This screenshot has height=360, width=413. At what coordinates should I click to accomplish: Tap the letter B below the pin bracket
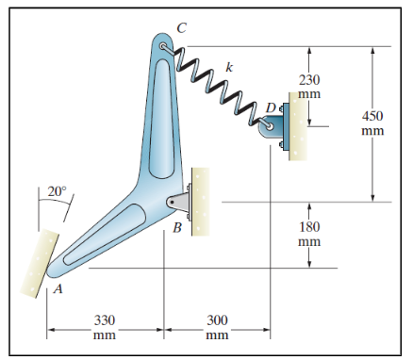177,227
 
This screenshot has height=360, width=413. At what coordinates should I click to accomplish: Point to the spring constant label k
229,67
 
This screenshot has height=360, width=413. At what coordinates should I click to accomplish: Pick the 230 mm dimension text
309,88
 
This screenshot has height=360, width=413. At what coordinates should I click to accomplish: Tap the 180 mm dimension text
309,235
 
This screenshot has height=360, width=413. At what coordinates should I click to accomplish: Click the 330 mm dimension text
105,327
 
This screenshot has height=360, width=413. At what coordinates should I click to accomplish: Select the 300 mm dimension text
218,327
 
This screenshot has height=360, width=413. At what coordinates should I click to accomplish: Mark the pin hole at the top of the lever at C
165,46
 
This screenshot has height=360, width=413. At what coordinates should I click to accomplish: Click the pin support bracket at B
179,201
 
